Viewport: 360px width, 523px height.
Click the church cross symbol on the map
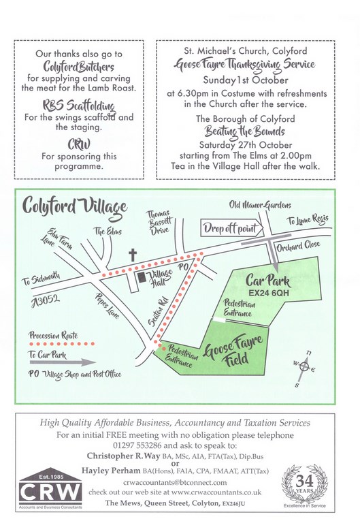(x=133, y=255)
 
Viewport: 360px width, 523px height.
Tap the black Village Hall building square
(x=142, y=277)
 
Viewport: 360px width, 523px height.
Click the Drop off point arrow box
(x=232, y=229)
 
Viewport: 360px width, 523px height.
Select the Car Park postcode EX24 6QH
(x=269, y=294)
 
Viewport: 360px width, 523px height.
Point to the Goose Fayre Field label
(x=233, y=351)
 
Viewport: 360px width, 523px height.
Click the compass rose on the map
(x=304, y=367)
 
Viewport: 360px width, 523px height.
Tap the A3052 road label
(x=46, y=301)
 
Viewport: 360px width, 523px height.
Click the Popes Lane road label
(x=108, y=306)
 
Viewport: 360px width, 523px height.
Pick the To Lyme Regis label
(x=308, y=219)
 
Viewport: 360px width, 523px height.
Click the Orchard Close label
(x=298, y=247)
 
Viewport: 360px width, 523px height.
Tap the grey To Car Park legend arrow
(x=63, y=362)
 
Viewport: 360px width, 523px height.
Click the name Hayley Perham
(x=111, y=471)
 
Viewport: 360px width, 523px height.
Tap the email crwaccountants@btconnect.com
(x=175, y=482)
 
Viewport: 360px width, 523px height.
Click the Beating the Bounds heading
(x=245, y=131)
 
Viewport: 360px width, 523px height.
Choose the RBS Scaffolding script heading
(x=79, y=106)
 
